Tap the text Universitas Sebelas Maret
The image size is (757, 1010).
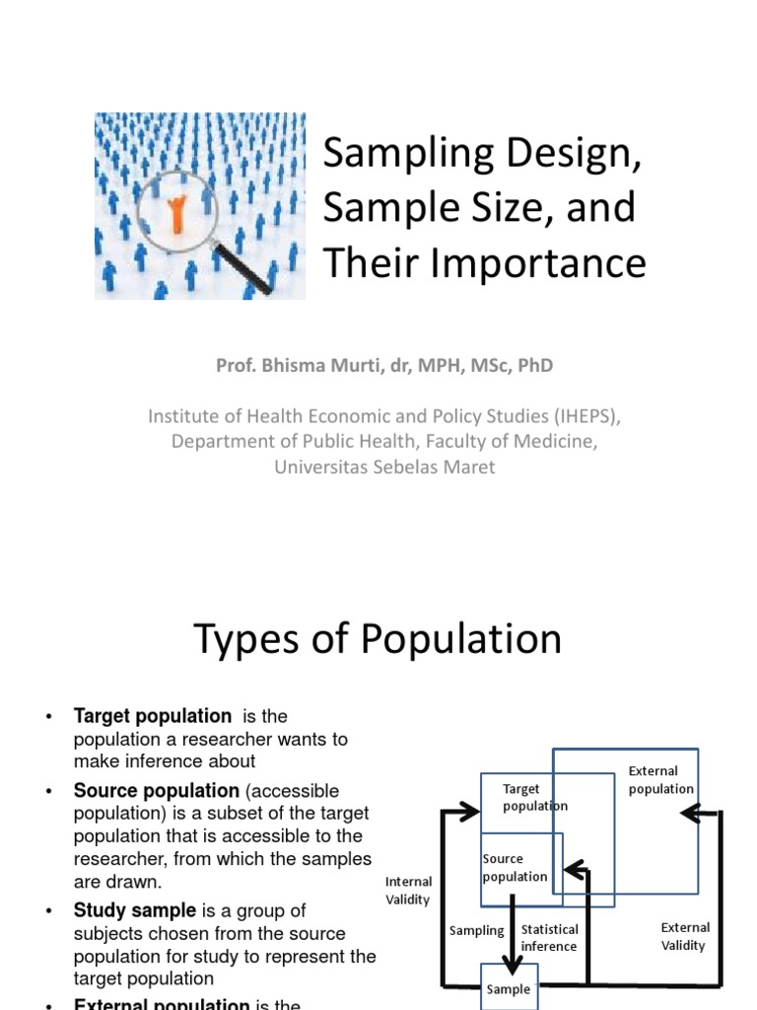(384, 467)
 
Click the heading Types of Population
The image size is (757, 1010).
(378, 639)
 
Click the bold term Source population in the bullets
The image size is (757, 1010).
(157, 791)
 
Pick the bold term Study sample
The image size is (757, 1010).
(135, 910)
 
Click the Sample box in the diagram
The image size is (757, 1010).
(509, 989)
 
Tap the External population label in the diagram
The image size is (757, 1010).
(660, 780)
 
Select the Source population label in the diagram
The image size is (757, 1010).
(515, 868)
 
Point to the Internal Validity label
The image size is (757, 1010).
(408, 891)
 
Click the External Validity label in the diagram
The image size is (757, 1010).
(684, 936)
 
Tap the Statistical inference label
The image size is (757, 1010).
(549, 938)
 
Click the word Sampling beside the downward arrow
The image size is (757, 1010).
(476, 930)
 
